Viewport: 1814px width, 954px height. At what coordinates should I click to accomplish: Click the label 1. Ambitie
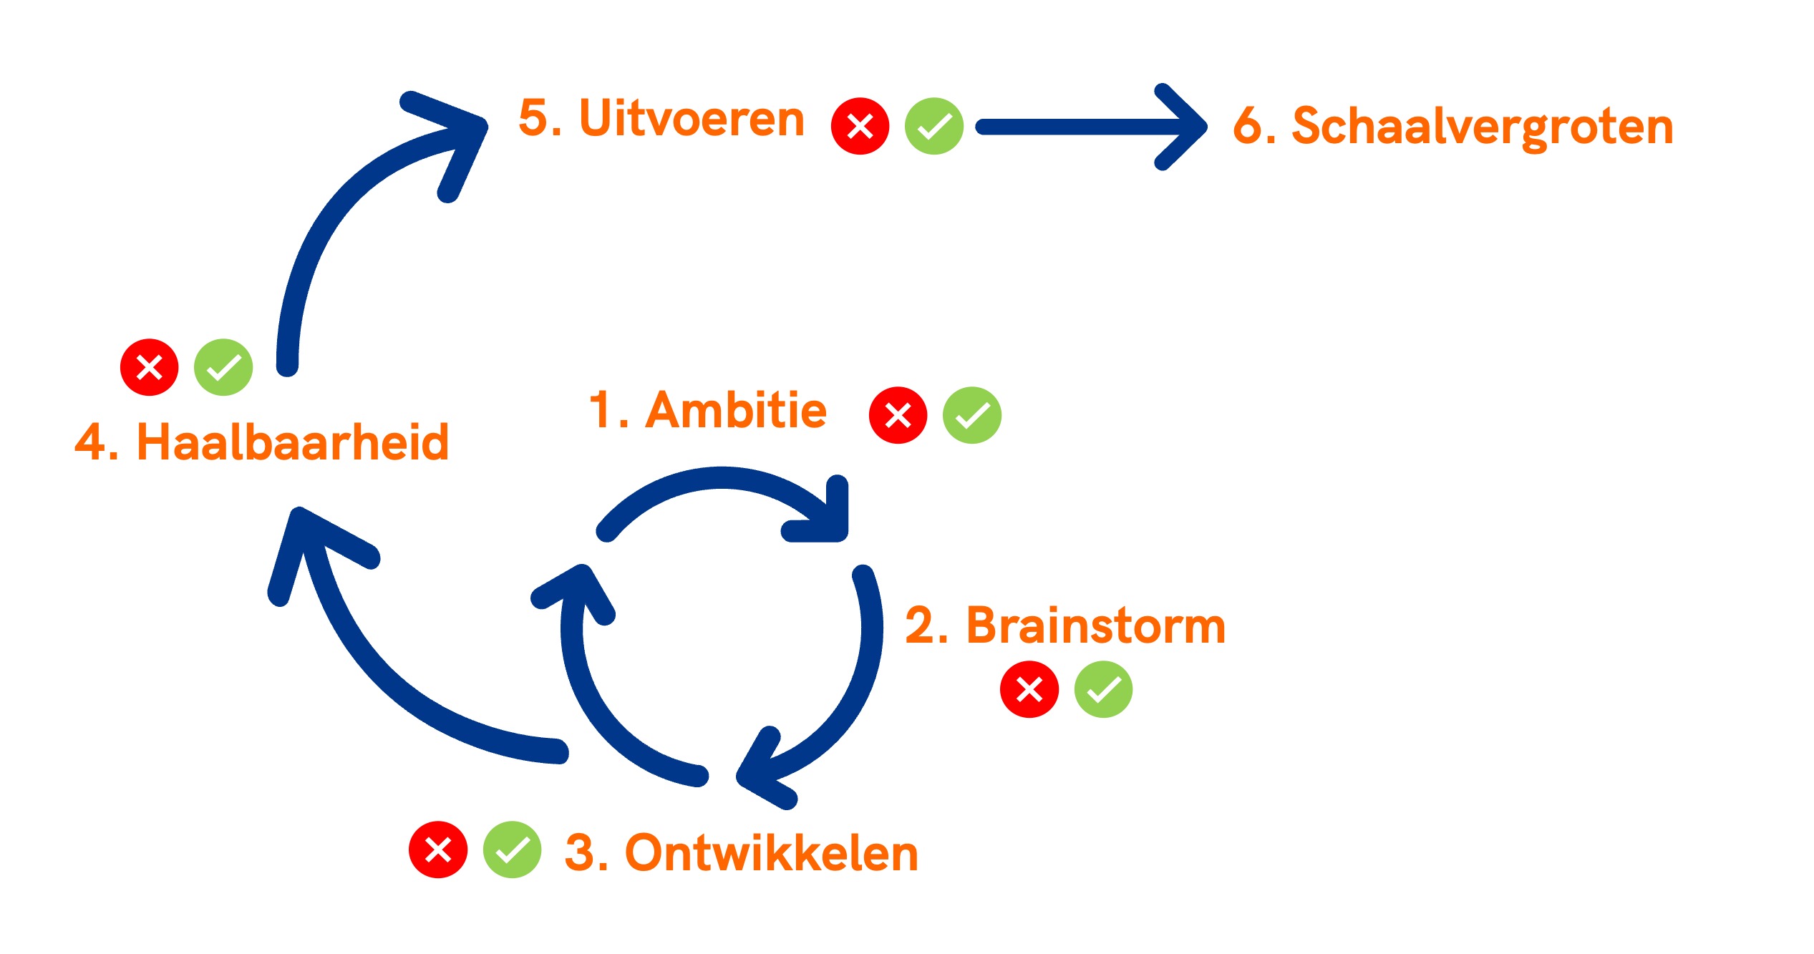tap(707, 411)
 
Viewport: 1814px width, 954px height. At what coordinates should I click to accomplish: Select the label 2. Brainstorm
tap(1065, 626)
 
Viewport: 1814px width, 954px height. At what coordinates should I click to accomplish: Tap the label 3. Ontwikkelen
tap(741, 853)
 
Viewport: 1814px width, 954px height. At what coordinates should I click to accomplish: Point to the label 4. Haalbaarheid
tap(262, 442)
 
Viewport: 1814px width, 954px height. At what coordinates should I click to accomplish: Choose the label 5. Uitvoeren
tap(661, 118)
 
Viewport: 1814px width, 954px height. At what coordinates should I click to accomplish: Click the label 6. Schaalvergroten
tap(1453, 127)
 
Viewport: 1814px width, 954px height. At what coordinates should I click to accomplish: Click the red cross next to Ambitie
tap(898, 415)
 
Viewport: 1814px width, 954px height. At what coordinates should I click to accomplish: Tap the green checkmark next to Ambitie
tap(971, 415)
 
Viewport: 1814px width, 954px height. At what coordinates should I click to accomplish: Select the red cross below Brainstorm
tap(1029, 689)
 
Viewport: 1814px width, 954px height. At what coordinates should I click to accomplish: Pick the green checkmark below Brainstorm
tap(1103, 689)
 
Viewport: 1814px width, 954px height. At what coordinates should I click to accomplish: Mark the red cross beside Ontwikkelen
tap(438, 850)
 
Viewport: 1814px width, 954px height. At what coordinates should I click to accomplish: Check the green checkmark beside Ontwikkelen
tap(512, 850)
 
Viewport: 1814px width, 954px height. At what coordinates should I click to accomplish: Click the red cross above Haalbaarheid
tap(149, 367)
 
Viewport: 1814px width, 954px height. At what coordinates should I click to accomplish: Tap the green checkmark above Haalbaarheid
tap(223, 367)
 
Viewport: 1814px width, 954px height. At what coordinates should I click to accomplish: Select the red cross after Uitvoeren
tap(860, 126)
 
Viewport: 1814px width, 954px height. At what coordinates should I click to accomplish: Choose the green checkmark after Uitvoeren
tap(933, 126)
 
